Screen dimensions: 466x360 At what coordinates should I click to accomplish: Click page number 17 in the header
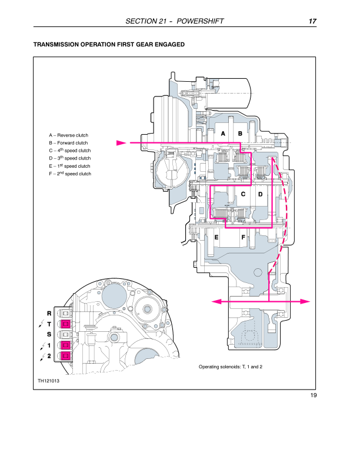click(313, 22)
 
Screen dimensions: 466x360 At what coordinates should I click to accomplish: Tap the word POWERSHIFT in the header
click(201, 22)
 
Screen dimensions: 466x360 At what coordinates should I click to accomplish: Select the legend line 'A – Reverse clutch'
click(68, 135)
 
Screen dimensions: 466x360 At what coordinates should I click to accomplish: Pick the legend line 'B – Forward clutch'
click(68, 143)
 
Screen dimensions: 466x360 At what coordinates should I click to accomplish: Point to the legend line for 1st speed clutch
click(69, 166)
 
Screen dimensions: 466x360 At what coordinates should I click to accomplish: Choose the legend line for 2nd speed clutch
click(70, 174)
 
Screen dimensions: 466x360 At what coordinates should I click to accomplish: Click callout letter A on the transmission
click(224, 134)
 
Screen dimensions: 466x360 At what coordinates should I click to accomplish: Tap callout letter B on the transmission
click(240, 134)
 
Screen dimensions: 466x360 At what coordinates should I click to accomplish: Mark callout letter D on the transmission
click(260, 194)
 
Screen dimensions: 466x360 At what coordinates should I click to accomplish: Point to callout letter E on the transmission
click(217, 237)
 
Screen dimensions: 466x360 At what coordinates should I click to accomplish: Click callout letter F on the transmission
click(243, 237)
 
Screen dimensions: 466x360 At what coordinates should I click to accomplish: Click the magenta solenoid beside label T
click(66, 324)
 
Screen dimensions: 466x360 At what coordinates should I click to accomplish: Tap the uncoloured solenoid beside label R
click(66, 314)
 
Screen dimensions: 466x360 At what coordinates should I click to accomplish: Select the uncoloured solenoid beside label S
click(66, 335)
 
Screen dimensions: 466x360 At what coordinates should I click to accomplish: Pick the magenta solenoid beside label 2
click(66, 355)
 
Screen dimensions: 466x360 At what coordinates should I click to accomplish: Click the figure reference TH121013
click(49, 381)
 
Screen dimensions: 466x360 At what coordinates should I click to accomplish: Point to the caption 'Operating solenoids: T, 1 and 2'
click(231, 367)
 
